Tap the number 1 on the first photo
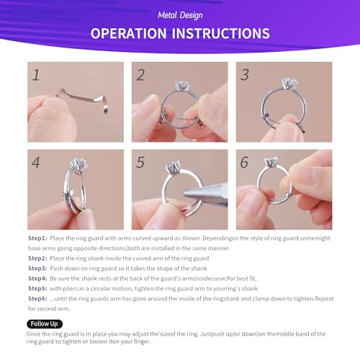click(35, 74)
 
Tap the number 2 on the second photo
click(140, 74)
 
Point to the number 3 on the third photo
click(245, 74)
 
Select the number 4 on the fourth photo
click(36, 162)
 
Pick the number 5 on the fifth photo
click(140, 162)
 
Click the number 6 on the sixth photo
click(245, 162)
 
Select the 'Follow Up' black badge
click(45, 324)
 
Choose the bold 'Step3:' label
click(37, 267)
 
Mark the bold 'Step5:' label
click(37, 287)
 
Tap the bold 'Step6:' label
click(37, 297)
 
